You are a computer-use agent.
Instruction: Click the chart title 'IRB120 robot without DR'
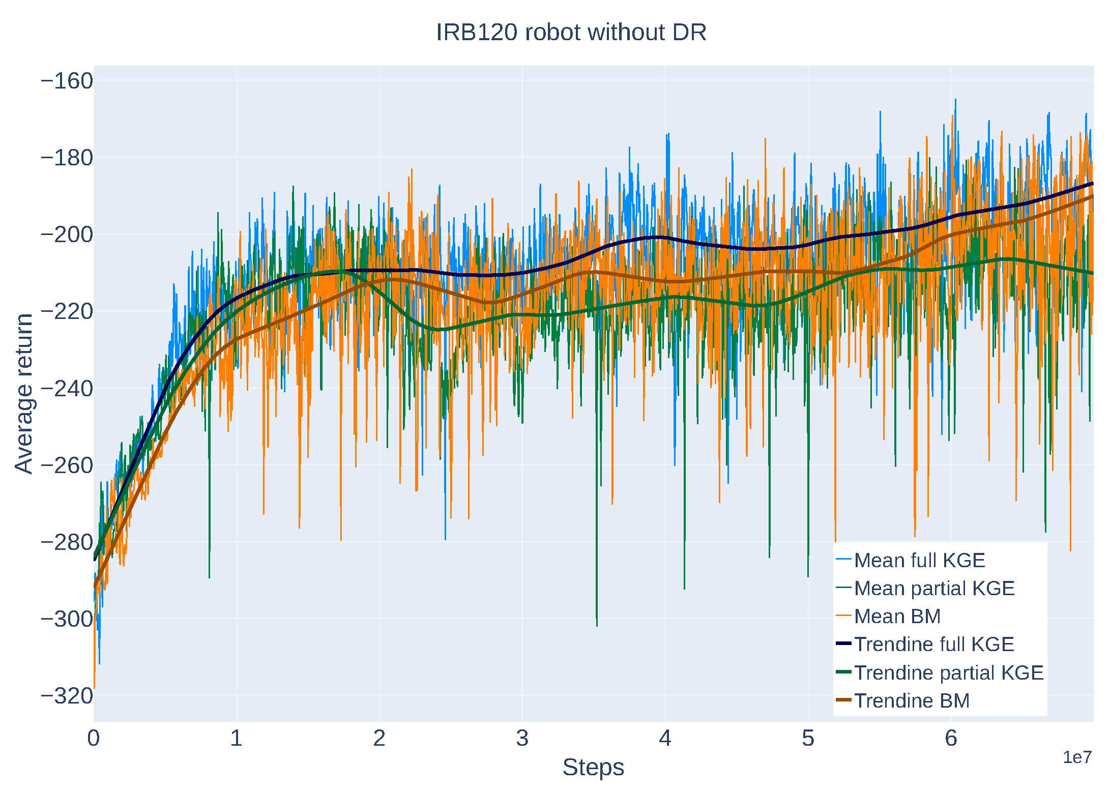pyautogui.click(x=571, y=33)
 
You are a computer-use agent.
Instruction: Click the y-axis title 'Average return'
pyautogui.click(x=23, y=394)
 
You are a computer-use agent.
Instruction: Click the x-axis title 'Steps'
pyautogui.click(x=593, y=767)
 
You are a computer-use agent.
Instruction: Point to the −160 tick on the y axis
pyautogui.click(x=67, y=81)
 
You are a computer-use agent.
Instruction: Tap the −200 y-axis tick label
pyautogui.click(x=67, y=235)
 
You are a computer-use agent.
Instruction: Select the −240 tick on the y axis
pyautogui.click(x=67, y=389)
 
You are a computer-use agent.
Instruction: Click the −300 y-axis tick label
pyautogui.click(x=67, y=619)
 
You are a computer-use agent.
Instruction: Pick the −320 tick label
pyautogui.click(x=67, y=696)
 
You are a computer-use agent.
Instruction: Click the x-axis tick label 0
pyautogui.click(x=94, y=739)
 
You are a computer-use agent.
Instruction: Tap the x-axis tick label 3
pyautogui.click(x=522, y=739)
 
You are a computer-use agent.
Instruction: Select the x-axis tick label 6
pyautogui.click(x=951, y=739)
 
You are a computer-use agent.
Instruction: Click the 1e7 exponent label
pyautogui.click(x=1077, y=757)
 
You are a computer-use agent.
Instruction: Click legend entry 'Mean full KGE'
pyautogui.click(x=919, y=560)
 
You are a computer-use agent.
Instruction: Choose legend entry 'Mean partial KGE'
pyautogui.click(x=934, y=588)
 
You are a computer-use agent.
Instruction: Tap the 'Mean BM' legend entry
pyautogui.click(x=897, y=616)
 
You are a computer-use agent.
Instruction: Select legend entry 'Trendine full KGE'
pyautogui.click(x=933, y=644)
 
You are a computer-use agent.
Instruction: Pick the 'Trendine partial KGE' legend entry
pyautogui.click(x=948, y=672)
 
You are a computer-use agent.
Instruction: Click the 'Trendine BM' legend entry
pyautogui.click(x=912, y=700)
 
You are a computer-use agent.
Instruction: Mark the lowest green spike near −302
pyautogui.click(x=597, y=625)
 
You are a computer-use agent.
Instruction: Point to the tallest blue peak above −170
pyautogui.click(x=955, y=100)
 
